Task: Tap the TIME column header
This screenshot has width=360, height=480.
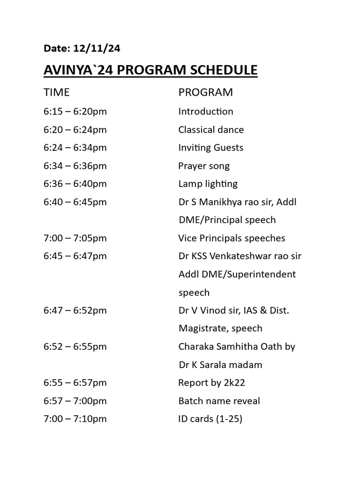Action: tap(56, 92)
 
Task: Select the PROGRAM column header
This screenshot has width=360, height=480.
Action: tap(205, 92)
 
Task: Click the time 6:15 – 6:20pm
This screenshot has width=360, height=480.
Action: tap(75, 112)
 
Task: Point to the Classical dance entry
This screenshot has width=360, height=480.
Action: tap(211, 130)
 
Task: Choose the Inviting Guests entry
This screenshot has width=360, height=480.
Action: tap(210, 148)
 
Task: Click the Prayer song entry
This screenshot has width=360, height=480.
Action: tap(204, 166)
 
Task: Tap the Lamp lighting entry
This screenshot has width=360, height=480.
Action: tap(208, 184)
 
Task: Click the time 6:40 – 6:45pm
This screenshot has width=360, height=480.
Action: tap(75, 202)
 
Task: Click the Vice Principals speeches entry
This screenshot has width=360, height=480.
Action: tap(232, 238)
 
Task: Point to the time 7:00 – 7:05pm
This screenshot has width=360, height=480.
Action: tap(75, 238)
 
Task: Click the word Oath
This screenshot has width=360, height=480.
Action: tap(273, 346)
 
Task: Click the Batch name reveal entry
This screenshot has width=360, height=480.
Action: tap(219, 401)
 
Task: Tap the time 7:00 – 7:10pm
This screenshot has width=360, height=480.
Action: tap(75, 419)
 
